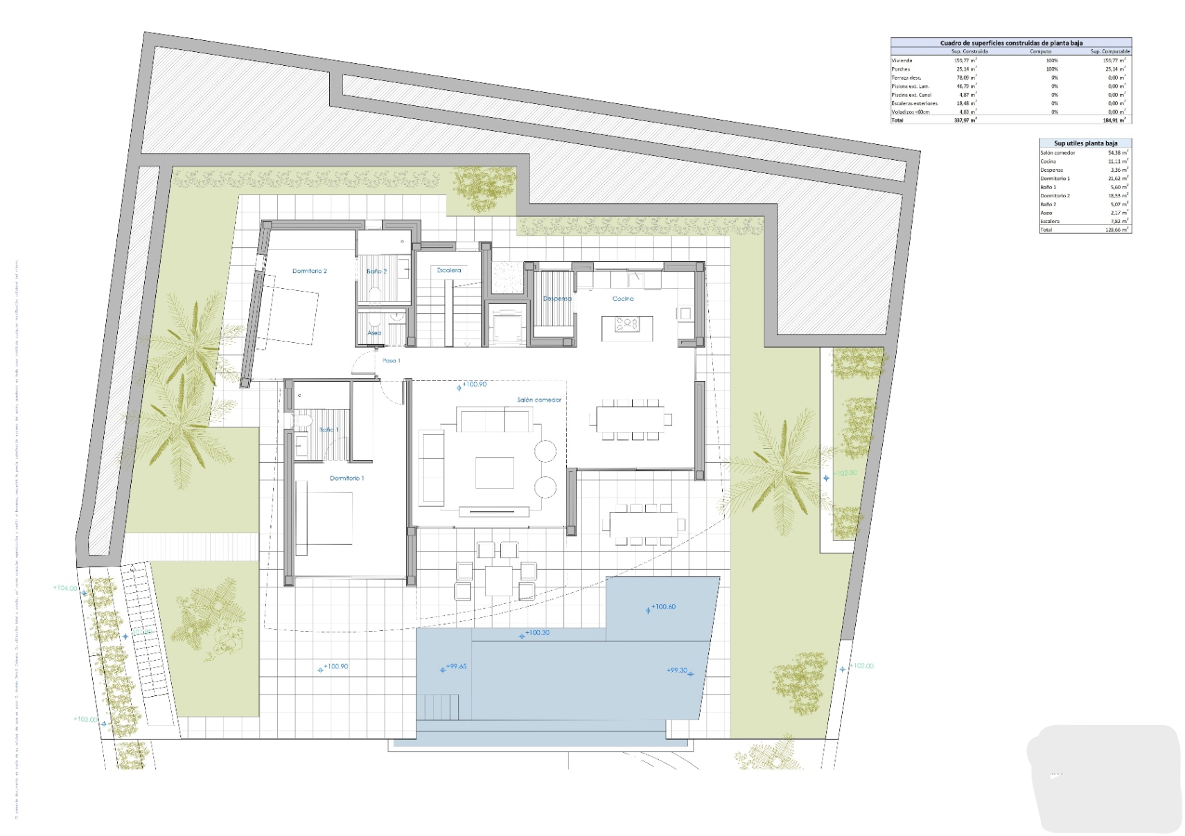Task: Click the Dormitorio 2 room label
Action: pyautogui.click(x=309, y=271)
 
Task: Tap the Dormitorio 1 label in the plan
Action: pyautogui.click(x=346, y=478)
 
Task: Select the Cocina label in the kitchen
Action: pyautogui.click(x=622, y=299)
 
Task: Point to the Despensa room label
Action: pyautogui.click(x=557, y=299)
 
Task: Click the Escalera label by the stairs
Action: pyautogui.click(x=448, y=270)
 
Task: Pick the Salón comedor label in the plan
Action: pyautogui.click(x=538, y=400)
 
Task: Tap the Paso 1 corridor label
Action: pyautogui.click(x=391, y=360)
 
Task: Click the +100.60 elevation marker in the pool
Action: pyautogui.click(x=662, y=607)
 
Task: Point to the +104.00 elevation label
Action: pyautogui.click(x=65, y=588)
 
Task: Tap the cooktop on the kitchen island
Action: pyautogui.click(x=626, y=323)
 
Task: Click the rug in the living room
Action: pyautogui.click(x=494, y=473)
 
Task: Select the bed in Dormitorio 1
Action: pyautogui.click(x=324, y=518)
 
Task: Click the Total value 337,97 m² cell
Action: pyautogui.click(x=965, y=121)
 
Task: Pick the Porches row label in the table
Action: pyautogui.click(x=901, y=69)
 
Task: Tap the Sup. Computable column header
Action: pyautogui.click(x=1109, y=51)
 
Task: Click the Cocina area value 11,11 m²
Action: pyautogui.click(x=1117, y=161)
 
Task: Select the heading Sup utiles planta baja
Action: pyautogui.click(x=1085, y=143)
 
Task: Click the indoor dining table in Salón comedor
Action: pyautogui.click(x=630, y=418)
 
